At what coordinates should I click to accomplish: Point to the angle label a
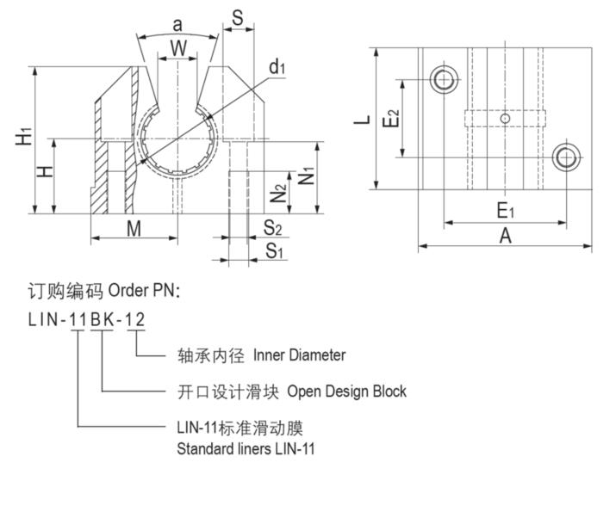pos(177,24)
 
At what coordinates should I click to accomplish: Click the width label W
pos(178,48)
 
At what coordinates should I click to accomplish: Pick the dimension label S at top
pos(239,18)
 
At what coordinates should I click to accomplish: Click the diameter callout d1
pos(277,67)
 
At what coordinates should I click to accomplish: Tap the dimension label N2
pos(278,194)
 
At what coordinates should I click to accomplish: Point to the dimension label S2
pos(273,228)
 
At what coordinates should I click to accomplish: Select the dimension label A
pos(506,236)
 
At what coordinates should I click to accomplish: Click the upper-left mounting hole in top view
pos(444,81)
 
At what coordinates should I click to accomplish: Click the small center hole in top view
pos(506,118)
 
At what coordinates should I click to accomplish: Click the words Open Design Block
pos(346,392)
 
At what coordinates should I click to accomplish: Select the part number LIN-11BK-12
pos(86,320)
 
